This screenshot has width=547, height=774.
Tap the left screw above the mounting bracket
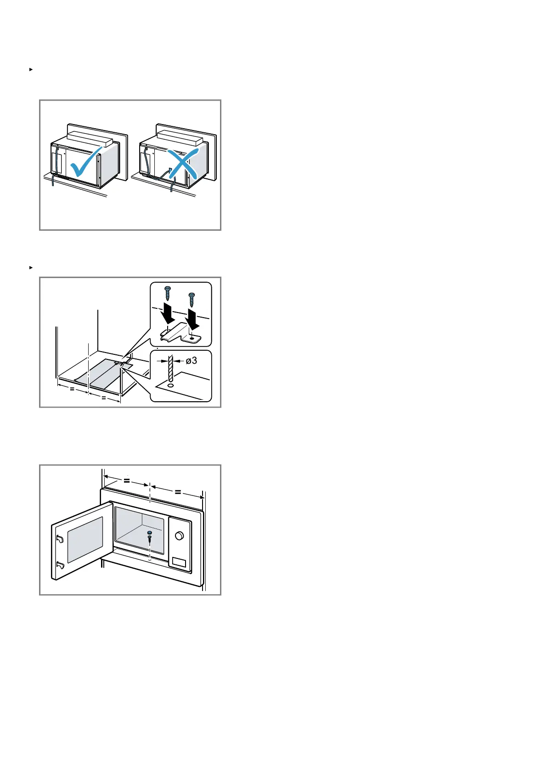coord(168,292)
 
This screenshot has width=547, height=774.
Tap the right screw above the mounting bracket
coord(192,299)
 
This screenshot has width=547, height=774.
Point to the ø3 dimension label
coord(192,360)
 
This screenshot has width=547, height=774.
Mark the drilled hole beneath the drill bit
coord(171,386)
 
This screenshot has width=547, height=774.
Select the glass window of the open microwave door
coord(85,539)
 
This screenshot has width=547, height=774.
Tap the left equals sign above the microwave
coord(127,481)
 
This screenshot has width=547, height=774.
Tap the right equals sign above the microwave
coord(178,492)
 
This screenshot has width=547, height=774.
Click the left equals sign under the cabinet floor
coord(72,389)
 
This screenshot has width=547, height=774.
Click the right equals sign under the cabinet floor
coord(103,398)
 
